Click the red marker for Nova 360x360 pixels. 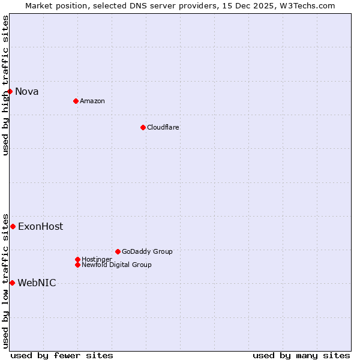click(x=10, y=91)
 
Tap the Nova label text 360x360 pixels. click(x=26, y=92)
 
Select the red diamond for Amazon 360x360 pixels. click(x=76, y=101)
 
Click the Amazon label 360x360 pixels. click(x=92, y=101)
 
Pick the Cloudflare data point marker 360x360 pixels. click(x=143, y=127)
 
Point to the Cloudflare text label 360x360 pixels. click(x=163, y=127)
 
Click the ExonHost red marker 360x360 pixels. click(x=13, y=226)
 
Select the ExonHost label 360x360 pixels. click(x=40, y=227)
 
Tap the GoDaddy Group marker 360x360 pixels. click(x=118, y=251)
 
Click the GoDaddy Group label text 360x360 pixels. click(x=147, y=251)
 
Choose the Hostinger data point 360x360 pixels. click(x=77, y=259)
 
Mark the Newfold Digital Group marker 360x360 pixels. click(x=77, y=265)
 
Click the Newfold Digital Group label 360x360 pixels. click(x=116, y=265)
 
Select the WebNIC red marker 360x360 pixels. click(x=12, y=283)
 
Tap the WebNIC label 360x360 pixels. click(x=37, y=283)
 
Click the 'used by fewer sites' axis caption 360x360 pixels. click(x=62, y=355)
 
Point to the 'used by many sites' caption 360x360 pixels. click(x=301, y=355)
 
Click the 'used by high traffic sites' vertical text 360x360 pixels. click(x=5, y=85)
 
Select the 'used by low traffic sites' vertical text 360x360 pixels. click(x=5, y=280)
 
